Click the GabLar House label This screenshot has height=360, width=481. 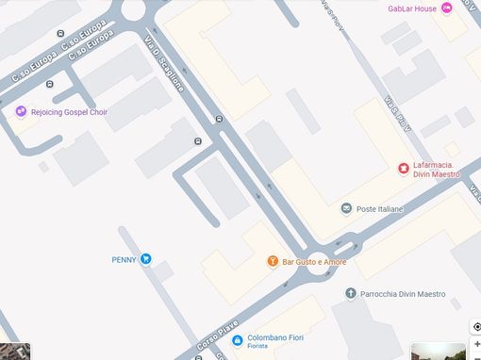pos(412,8)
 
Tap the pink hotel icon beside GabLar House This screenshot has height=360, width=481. pos(447,8)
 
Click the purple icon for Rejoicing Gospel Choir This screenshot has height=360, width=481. pos(21,112)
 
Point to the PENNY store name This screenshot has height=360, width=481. pos(124,259)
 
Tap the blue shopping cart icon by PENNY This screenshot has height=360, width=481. pos(146,259)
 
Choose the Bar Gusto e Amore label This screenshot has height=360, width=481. pos(307,261)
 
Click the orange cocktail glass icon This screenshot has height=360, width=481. pos(273,261)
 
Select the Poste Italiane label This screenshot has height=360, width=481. pos(379,208)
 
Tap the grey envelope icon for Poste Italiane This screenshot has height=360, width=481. pos(346,208)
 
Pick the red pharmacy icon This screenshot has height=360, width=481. pos(404,169)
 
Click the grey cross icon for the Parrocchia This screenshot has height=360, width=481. pos(351,293)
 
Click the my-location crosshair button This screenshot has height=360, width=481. pos(475,327)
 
